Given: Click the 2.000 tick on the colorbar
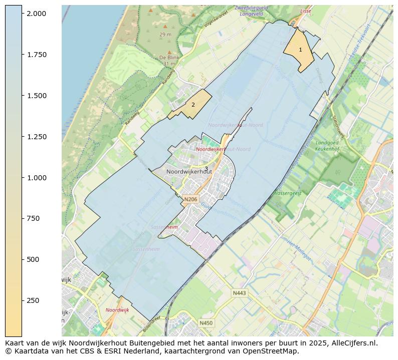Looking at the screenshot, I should [36, 14].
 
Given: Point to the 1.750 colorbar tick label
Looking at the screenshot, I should [36, 55].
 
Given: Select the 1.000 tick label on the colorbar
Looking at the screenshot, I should [36, 178].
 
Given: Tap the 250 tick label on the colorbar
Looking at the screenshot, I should [33, 300].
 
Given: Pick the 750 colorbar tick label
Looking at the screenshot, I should [33, 218].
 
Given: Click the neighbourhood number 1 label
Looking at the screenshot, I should [300, 50].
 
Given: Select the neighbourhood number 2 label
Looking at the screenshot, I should [193, 105].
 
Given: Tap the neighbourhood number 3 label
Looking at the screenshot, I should [206, 168].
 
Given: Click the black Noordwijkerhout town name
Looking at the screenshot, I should [189, 171].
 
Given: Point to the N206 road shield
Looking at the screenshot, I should [190, 199].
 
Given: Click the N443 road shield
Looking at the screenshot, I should [240, 293].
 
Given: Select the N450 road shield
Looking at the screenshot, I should [206, 323].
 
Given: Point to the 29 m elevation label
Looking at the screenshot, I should [165, 35].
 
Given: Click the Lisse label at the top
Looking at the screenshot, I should [305, 11].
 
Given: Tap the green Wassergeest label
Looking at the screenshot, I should [287, 193].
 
